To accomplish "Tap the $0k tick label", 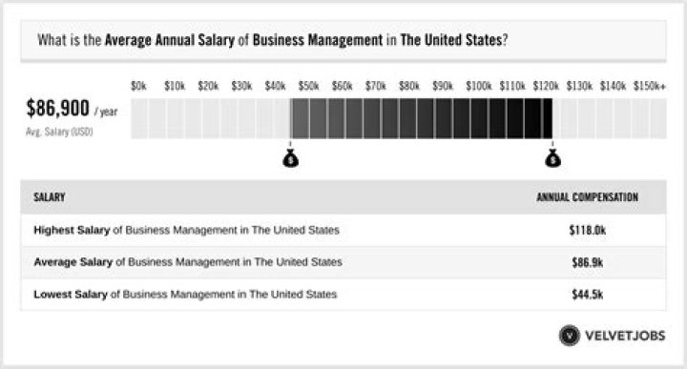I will pyautogui.click(x=139, y=86).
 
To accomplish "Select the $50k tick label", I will pyautogui.click(x=309, y=86).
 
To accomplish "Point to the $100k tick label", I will pyautogui.click(x=478, y=86).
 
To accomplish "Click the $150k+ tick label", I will pyautogui.click(x=651, y=86).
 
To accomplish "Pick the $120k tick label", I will pyautogui.click(x=546, y=86).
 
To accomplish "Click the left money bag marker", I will pyautogui.click(x=291, y=158).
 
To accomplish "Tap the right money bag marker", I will pyautogui.click(x=552, y=158).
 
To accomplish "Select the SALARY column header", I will pyautogui.click(x=50, y=197).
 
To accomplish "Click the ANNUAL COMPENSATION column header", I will pyautogui.click(x=587, y=197).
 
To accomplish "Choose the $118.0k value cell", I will pyautogui.click(x=587, y=231).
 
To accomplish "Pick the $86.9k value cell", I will pyautogui.click(x=587, y=262).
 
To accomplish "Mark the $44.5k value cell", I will pyautogui.click(x=587, y=294).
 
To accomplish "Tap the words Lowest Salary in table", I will pyautogui.click(x=71, y=294).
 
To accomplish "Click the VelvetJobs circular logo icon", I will pyautogui.click(x=570, y=336).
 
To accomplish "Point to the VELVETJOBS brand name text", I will pyautogui.click(x=626, y=336).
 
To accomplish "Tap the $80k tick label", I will pyautogui.click(x=409, y=86).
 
